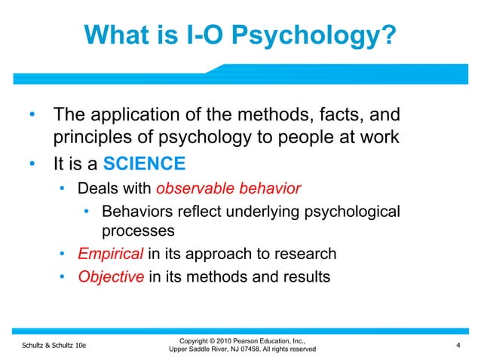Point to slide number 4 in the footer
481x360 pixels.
coord(458,345)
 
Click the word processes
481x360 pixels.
coord(138,230)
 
